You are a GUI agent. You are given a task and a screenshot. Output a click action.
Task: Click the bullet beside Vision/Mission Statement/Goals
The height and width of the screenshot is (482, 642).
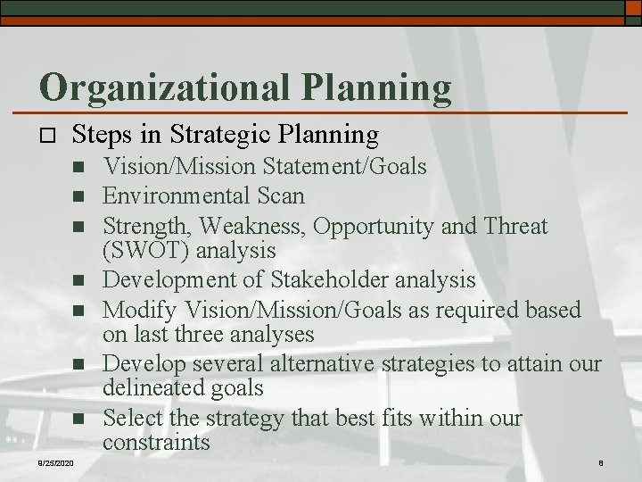78,167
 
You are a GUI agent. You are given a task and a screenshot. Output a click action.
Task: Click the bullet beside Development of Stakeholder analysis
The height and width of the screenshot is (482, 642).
78,280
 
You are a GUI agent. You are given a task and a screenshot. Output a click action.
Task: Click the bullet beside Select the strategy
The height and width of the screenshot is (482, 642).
78,419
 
